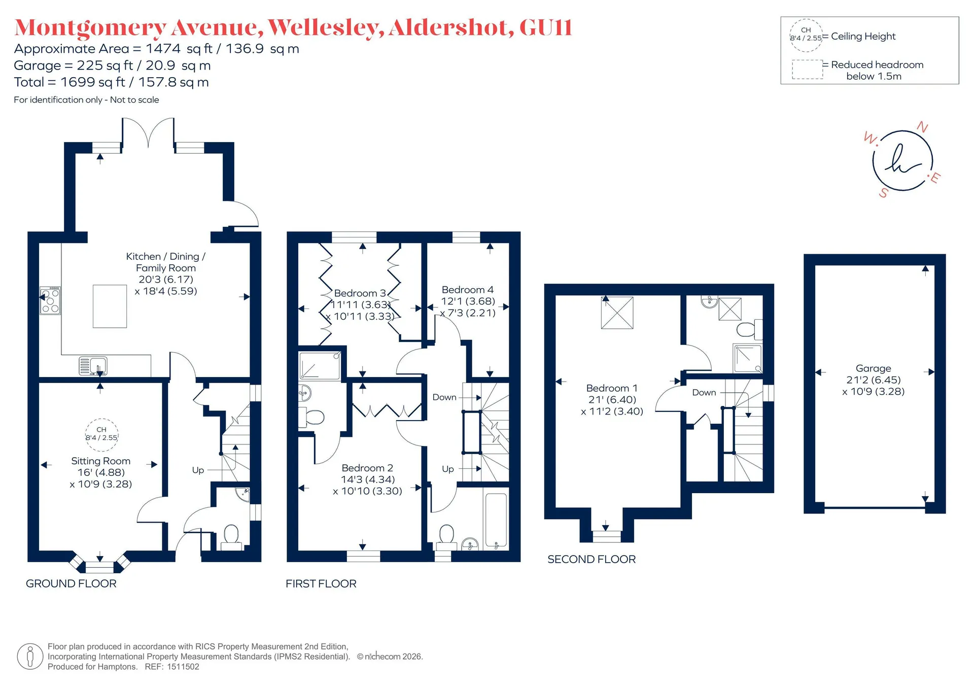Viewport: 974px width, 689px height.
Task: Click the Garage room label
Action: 873,368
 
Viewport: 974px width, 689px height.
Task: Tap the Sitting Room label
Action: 100,461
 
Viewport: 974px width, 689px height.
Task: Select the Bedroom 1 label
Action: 612,388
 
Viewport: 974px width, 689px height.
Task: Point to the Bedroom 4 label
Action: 467,290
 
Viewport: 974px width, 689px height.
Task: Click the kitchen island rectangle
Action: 110,306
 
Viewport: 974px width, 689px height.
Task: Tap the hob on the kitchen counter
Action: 50,300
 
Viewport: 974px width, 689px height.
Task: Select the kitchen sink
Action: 93,366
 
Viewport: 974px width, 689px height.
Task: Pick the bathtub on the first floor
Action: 496,522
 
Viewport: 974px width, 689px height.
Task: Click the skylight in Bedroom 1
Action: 617,313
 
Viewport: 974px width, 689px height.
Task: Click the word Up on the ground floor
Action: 198,470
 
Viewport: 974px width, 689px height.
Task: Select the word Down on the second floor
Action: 704,392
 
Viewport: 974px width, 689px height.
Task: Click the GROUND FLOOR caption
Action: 71,583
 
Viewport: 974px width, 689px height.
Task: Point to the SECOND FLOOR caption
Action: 592,559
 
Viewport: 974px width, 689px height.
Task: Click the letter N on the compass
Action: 922,127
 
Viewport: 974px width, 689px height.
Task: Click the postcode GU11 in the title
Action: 546,27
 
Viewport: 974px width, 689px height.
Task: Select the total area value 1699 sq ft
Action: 93,82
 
